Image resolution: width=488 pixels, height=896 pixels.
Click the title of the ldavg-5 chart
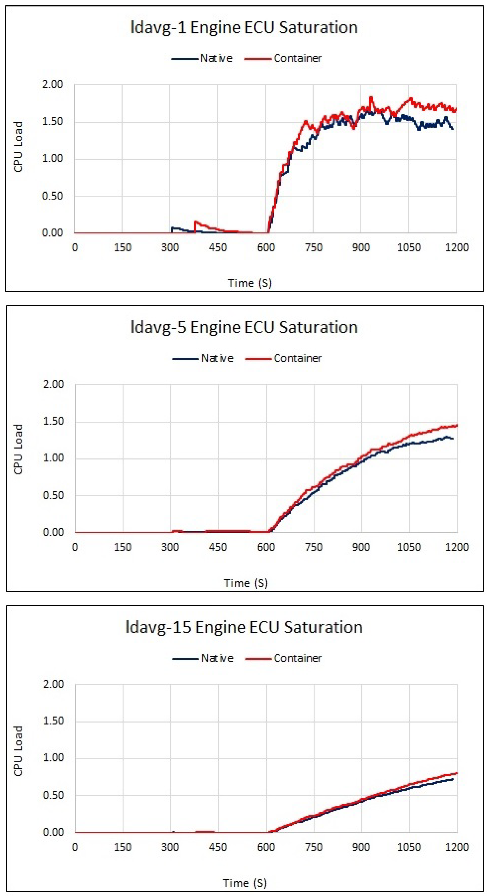point(244,327)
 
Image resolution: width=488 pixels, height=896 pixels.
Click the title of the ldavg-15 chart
point(244,627)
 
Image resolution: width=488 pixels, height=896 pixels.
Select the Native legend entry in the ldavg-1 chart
point(202,58)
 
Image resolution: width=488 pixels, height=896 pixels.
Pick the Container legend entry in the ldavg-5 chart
point(283,358)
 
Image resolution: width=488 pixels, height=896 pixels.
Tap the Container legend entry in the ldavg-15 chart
point(283,658)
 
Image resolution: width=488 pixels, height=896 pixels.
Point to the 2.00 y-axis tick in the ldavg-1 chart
point(53,85)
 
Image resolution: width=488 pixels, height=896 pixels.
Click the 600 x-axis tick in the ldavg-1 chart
point(265,248)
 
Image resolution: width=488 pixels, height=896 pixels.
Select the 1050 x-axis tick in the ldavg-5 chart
point(409,547)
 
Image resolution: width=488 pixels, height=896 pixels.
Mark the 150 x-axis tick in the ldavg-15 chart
point(123,847)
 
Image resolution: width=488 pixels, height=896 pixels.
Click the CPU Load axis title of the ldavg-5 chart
point(18,449)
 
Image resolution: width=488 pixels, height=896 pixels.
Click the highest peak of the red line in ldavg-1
point(371,98)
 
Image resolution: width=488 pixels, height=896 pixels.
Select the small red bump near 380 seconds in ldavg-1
point(196,222)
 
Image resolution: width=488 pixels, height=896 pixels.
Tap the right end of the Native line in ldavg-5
point(453,439)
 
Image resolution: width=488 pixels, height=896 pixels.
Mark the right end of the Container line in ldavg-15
point(457,774)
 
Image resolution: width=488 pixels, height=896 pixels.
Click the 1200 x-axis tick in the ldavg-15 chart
point(457,847)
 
